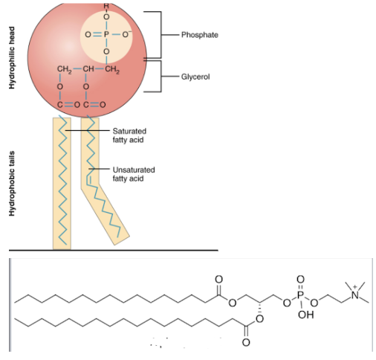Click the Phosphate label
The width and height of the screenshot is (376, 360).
point(200,35)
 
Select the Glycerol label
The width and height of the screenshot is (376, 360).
point(195,77)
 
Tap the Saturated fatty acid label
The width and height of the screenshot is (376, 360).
point(129,135)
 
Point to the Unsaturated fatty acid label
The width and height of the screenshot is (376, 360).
point(134,174)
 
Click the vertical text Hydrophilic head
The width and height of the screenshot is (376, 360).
point(12,58)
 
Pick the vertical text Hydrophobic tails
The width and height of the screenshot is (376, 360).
point(12,184)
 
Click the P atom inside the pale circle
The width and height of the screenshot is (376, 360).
point(106,34)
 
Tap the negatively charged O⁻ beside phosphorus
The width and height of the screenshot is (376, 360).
point(126,34)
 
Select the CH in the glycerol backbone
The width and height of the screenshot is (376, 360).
point(88,68)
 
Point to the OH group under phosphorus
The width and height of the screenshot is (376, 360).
point(306,315)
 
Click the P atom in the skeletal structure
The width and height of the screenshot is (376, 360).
point(300,295)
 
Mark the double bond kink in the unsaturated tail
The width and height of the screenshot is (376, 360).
point(88,180)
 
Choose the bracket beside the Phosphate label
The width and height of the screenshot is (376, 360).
point(158,35)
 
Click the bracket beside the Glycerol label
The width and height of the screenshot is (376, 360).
point(158,76)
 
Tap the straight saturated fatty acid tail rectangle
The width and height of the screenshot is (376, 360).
point(62,184)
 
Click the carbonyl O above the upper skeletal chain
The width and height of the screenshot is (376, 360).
point(218,279)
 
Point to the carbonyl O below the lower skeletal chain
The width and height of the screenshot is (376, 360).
point(246,342)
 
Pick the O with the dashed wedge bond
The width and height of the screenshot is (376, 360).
point(259,319)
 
